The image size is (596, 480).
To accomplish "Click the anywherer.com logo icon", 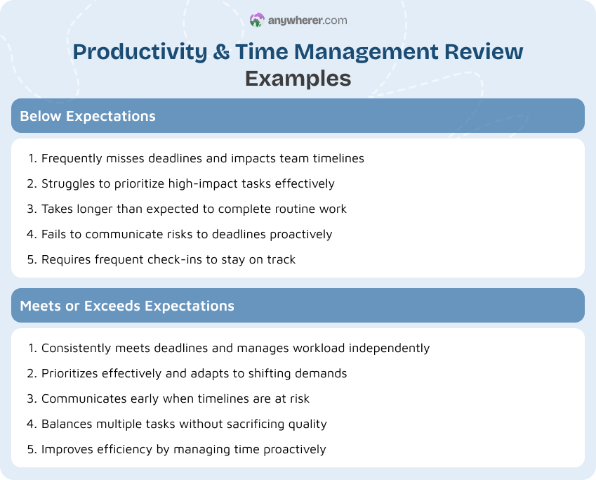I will pyautogui.click(x=257, y=20).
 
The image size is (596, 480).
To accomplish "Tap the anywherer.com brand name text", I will pyautogui.click(x=307, y=20).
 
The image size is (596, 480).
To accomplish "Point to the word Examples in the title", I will pyautogui.click(x=298, y=78).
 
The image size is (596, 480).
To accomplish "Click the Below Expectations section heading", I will pyautogui.click(x=88, y=116).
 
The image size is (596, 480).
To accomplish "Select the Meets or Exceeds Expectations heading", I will pyautogui.click(x=127, y=306).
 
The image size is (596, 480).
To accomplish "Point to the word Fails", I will pyautogui.click(x=55, y=234).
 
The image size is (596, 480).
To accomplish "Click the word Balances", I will pyautogui.click(x=67, y=424).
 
